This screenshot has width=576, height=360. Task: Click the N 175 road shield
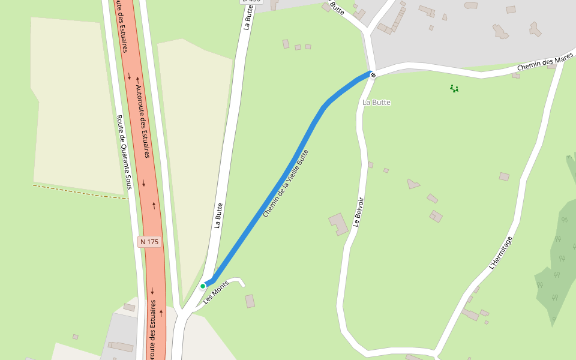coord(149,242)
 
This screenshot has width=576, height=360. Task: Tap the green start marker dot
coord(203,286)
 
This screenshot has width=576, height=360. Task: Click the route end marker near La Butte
coord(373,75)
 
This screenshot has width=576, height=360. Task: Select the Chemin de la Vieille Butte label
coord(286,183)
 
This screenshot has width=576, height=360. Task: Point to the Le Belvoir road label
coord(358,212)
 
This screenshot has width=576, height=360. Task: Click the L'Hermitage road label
coord(500,253)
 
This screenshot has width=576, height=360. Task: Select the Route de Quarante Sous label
coord(123,152)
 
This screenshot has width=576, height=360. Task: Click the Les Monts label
coord(215,292)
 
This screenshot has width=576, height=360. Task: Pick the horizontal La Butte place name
coord(376,103)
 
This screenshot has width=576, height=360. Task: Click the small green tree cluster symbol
coord(454,89)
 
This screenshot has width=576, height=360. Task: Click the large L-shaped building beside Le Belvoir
coord(338,224)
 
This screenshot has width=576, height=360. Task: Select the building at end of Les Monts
coord(250,301)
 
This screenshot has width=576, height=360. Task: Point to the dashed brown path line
coord(78,191)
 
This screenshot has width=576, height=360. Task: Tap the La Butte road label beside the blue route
coord(218,215)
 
